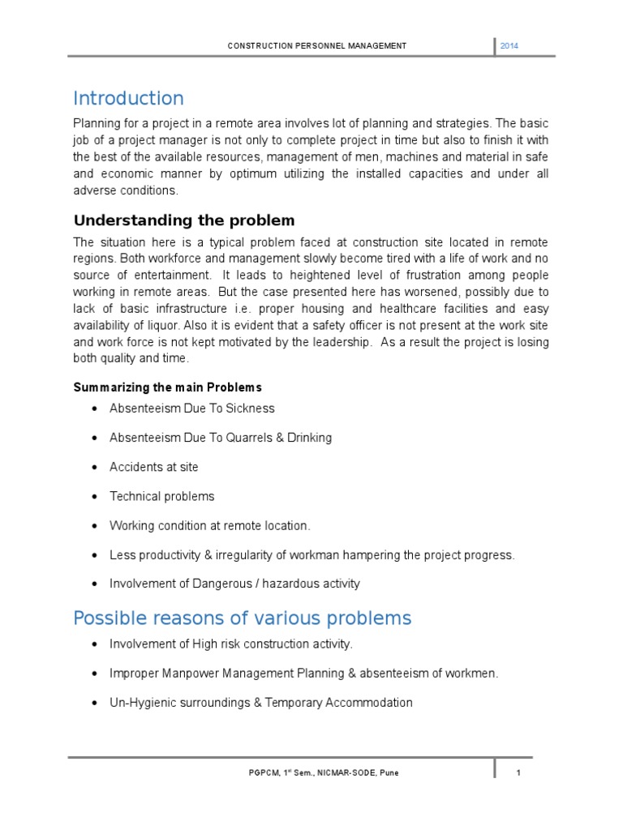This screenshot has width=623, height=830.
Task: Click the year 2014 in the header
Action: [x=509, y=46]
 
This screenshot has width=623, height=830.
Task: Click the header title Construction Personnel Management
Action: [x=316, y=46]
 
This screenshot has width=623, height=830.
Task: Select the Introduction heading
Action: [x=128, y=99]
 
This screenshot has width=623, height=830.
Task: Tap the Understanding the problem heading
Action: [x=184, y=220]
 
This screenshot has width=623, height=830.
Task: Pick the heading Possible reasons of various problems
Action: [x=242, y=618]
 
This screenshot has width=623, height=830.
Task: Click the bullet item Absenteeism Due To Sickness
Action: [x=191, y=409]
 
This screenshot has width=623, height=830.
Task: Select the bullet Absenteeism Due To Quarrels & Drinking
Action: [x=220, y=438]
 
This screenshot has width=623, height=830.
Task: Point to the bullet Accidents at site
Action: [x=153, y=467]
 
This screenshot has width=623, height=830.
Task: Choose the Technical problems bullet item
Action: [x=161, y=496]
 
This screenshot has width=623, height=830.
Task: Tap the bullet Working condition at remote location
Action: [x=209, y=525]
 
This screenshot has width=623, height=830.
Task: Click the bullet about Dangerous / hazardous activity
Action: [x=234, y=584]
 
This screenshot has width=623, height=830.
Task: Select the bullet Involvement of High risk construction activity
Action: [x=231, y=644]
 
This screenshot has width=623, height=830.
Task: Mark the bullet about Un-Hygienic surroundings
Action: [x=260, y=703]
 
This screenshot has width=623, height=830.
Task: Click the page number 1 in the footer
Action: [x=518, y=772]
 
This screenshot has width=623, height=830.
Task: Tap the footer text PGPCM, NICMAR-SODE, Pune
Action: [x=323, y=772]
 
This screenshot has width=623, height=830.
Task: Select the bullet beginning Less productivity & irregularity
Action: [x=311, y=554]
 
